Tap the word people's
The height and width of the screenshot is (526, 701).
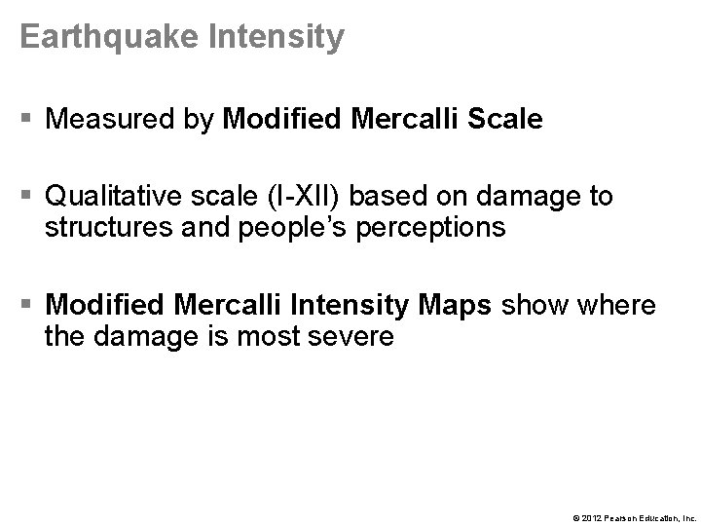pyautogui.click(x=306, y=228)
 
